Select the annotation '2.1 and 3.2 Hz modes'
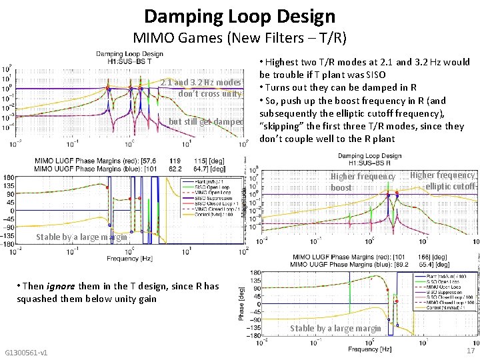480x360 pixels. [x=201, y=83]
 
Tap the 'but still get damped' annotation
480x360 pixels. [x=205, y=122]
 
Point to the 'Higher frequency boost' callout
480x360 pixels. [x=363, y=182]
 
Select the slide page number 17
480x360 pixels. [x=470, y=351]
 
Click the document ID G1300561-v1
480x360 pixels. [x=26, y=352]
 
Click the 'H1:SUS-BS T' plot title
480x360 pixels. [x=129, y=61]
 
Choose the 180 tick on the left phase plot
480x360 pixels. [x=8, y=176]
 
